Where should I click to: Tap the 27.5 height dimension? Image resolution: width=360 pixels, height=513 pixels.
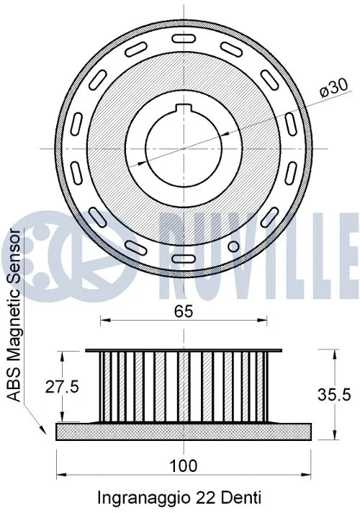tap(63, 386)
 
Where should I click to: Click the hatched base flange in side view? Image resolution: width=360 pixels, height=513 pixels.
tap(184, 431)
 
